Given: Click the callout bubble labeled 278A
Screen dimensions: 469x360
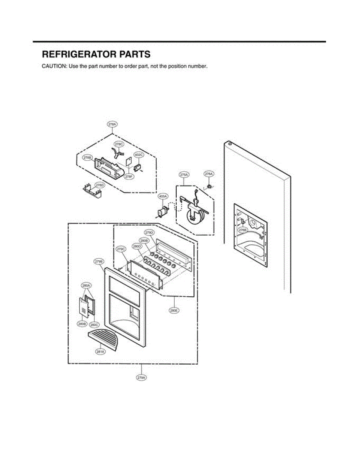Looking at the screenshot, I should click(x=112, y=125).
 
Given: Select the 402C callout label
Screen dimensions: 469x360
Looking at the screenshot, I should click(x=139, y=155).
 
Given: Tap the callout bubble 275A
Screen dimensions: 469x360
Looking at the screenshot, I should click(x=184, y=175).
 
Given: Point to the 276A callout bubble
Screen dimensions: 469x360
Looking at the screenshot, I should click(x=209, y=174).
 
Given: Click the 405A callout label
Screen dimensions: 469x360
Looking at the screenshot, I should click(x=163, y=196).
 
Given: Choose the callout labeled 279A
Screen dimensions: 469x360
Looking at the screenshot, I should click(x=141, y=378).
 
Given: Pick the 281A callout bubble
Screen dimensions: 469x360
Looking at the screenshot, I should click(x=100, y=352).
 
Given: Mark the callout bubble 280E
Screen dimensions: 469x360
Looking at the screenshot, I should click(x=174, y=311).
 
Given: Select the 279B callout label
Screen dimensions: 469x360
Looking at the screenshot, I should click(x=99, y=261).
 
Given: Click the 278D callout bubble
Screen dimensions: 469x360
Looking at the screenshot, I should click(x=100, y=185).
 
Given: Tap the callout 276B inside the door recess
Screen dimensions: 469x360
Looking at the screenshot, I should click(x=243, y=231).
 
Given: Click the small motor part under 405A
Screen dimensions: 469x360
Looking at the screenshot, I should click(x=162, y=211).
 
